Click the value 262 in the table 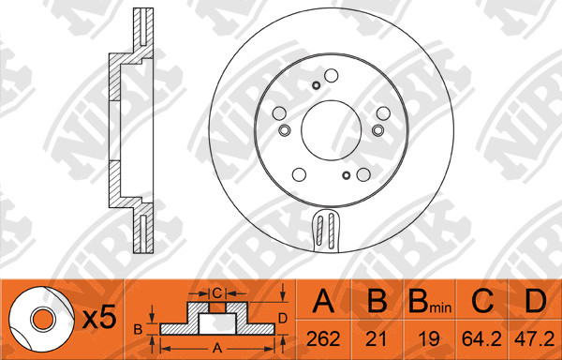click(x=323, y=338)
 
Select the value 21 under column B click(x=377, y=338)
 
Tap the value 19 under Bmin click(x=429, y=338)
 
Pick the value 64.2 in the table click(x=481, y=338)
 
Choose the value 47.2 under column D click(x=535, y=338)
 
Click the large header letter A click(x=323, y=301)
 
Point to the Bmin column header click(x=430, y=302)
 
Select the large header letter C click(x=482, y=301)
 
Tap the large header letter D click(x=536, y=301)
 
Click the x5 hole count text click(x=99, y=317)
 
